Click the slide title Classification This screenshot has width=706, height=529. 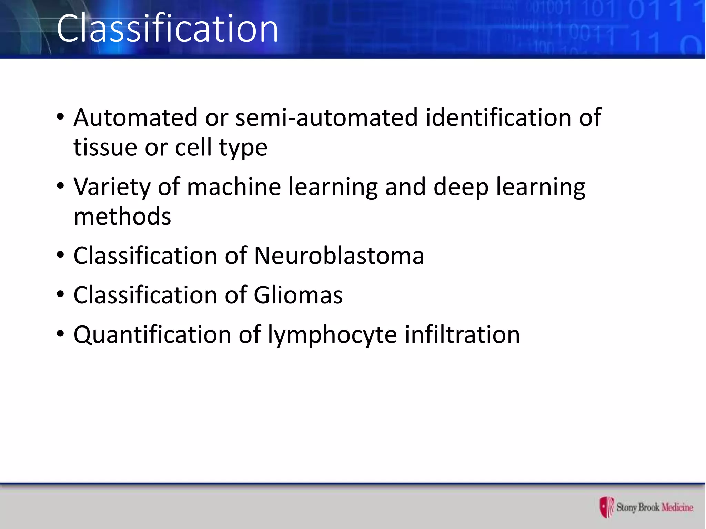tap(168, 29)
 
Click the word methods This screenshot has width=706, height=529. tap(122, 217)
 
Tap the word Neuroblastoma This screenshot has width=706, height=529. tap(339, 256)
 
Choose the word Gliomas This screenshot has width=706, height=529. tap(298, 295)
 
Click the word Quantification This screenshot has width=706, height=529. tap(152, 335)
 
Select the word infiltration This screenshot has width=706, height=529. tap(462, 335)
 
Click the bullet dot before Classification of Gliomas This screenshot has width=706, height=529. tap(61, 295)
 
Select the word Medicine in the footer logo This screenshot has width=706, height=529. tap(677, 507)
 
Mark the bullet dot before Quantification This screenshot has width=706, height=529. tap(61, 334)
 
